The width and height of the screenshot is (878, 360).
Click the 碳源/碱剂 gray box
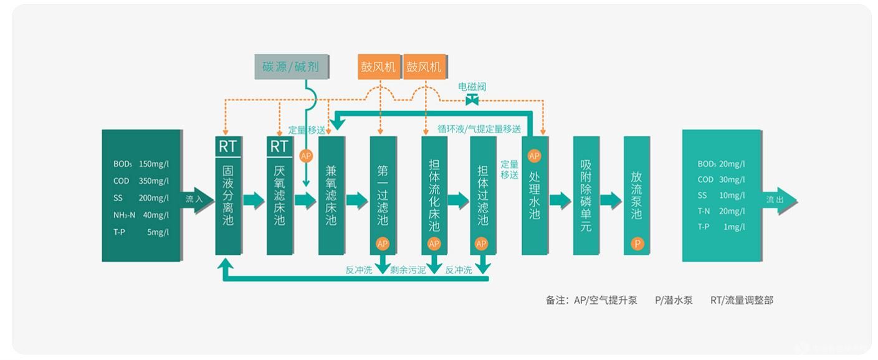(291, 67)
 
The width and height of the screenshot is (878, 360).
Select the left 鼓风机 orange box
(379, 67)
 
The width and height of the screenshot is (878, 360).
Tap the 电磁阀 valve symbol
(472, 100)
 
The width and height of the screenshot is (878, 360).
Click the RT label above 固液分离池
(227, 146)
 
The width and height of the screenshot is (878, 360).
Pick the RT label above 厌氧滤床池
(279, 146)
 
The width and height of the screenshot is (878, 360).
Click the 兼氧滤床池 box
(332, 196)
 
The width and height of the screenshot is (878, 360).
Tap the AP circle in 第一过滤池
(383, 244)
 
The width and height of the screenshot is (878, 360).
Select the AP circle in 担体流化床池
(434, 244)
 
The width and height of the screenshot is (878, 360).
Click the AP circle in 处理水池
(534, 156)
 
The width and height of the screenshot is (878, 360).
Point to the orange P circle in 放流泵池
(637, 244)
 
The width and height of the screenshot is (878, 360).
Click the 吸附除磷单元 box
(586, 196)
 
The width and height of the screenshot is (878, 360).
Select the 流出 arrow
(779, 201)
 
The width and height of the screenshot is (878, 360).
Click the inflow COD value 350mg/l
(154, 181)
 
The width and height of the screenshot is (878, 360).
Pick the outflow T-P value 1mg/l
(734, 227)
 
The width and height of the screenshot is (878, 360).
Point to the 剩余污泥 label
(408, 270)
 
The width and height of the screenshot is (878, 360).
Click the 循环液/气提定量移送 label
(479, 129)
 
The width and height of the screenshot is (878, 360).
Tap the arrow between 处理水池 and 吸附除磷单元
(560, 200)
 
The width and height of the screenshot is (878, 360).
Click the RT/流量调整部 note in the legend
(742, 300)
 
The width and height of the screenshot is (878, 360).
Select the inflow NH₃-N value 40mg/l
(156, 215)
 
